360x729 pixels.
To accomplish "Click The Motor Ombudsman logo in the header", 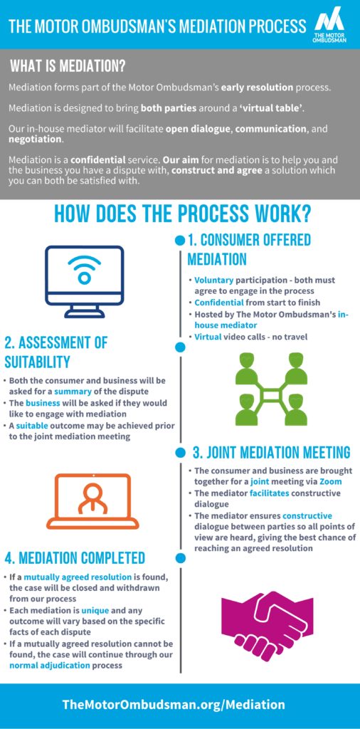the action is pos(330,26).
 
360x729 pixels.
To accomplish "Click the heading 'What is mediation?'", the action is pos(68,66).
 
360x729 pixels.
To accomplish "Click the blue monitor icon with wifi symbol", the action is pos(84,281).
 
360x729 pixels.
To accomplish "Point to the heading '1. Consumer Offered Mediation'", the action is pos(248,250).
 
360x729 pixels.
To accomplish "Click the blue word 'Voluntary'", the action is pos(213,280).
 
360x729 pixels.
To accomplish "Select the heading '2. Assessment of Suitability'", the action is pos(55,352).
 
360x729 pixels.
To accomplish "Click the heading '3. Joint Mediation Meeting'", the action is pos(271,452).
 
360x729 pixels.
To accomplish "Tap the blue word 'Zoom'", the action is pos(329,482).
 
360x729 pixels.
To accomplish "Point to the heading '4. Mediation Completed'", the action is pos(75,557).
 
